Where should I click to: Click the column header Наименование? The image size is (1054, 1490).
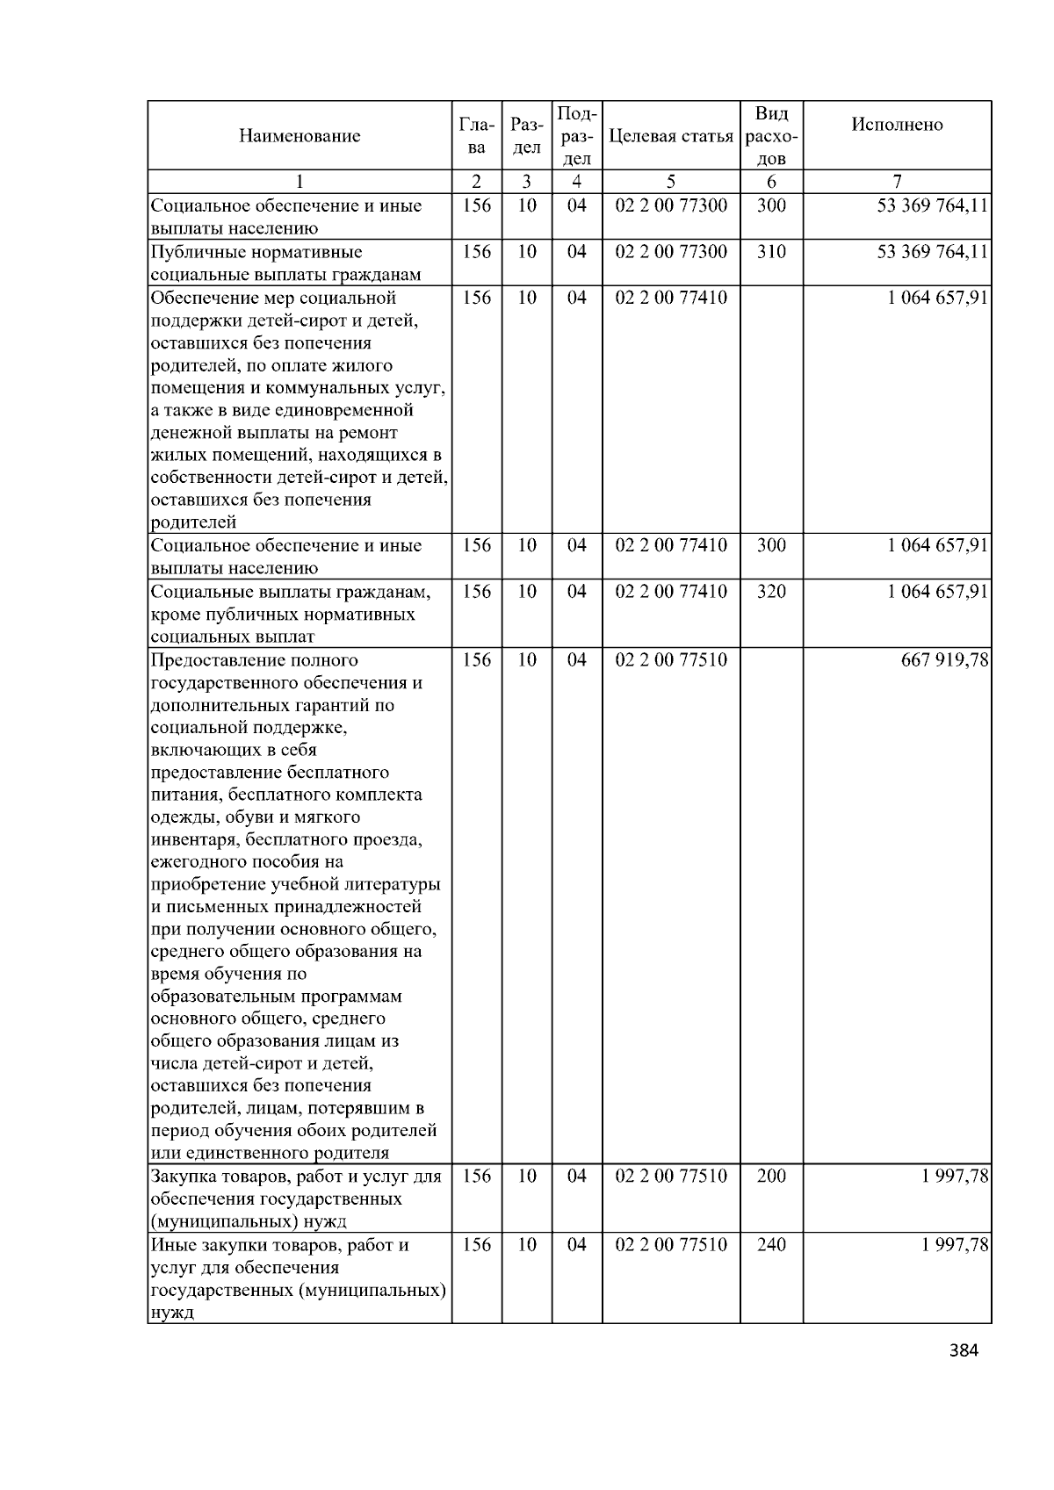click(299, 136)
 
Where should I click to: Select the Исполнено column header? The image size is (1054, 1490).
click(897, 125)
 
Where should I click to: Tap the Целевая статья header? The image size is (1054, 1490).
click(670, 136)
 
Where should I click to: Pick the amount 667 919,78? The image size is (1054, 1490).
click(944, 660)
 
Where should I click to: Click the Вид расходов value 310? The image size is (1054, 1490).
click(770, 252)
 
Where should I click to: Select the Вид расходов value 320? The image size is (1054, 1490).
click(770, 592)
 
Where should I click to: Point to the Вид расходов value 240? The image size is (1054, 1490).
click(770, 1245)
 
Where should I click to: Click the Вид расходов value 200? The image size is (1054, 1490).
click(770, 1177)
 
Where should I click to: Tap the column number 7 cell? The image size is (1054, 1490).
click(897, 182)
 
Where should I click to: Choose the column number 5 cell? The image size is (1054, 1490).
click(670, 182)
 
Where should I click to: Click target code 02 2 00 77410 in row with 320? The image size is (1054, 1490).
click(671, 592)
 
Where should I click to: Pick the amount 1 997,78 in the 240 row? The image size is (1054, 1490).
click(955, 1245)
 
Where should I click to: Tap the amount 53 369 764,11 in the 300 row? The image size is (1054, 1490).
click(932, 206)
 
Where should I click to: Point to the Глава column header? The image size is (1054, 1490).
click(476, 136)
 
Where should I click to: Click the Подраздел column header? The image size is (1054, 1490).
click(576, 136)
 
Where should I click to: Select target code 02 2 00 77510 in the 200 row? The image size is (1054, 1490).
click(671, 1177)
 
